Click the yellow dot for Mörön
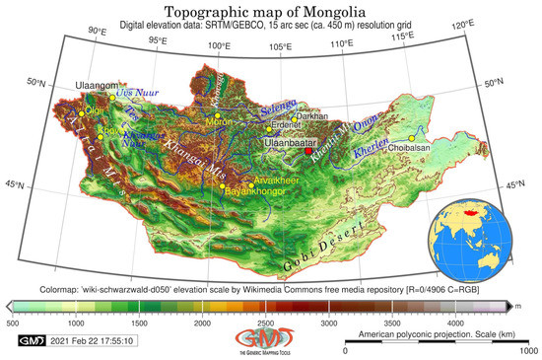219,117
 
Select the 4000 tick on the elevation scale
454,323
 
